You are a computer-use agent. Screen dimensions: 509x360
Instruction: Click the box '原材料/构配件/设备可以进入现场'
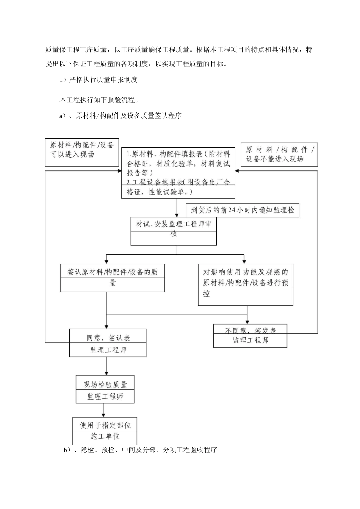coord(82,152)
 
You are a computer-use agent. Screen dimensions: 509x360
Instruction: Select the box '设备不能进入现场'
coord(279,155)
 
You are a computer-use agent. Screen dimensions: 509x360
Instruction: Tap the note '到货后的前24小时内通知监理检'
coord(243,210)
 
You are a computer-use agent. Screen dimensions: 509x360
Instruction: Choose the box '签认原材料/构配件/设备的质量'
coord(113,278)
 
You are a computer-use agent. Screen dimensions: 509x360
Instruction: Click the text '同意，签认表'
coord(108,337)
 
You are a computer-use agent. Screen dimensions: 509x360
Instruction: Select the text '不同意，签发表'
coord(250,331)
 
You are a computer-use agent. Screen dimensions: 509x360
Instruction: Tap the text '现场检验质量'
coord(105,384)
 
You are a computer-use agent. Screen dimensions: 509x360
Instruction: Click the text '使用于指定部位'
coord(105,425)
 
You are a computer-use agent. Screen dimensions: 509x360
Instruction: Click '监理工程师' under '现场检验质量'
coord(105,397)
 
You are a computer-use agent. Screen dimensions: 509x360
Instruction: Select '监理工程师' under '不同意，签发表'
coord(250,340)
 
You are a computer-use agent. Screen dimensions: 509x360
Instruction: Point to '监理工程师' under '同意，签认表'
coord(108,350)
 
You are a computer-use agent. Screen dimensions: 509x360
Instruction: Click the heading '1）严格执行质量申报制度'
coord(99,80)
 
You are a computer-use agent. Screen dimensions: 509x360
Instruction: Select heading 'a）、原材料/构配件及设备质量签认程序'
coord(121,116)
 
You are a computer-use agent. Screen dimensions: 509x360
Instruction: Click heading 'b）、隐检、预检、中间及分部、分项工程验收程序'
coord(141,450)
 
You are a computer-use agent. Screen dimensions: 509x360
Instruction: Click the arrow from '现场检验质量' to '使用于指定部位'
coord(103,410)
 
